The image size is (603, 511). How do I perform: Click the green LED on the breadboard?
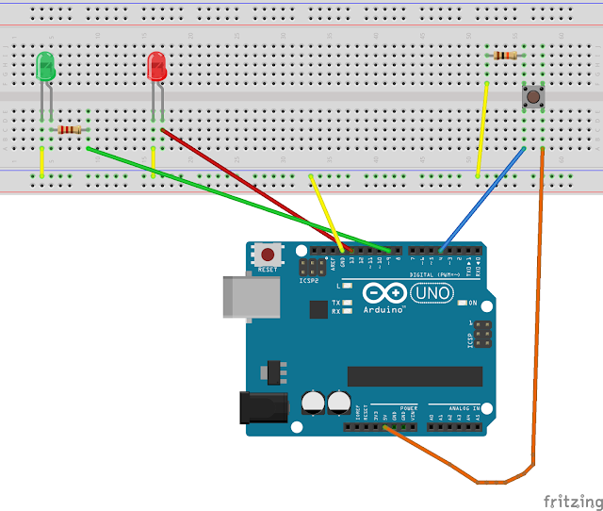click(x=44, y=67)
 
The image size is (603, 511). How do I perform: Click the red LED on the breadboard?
click(x=157, y=67)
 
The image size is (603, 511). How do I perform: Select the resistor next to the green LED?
click(x=70, y=129)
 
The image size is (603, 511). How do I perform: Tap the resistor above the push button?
click(x=505, y=56)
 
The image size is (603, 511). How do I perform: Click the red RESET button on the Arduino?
click(x=269, y=255)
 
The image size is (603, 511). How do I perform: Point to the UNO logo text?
click(x=432, y=295)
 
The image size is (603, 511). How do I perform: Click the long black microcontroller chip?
click(x=415, y=376)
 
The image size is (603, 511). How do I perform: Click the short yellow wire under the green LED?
click(x=41, y=162)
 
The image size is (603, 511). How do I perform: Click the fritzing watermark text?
click(x=572, y=500)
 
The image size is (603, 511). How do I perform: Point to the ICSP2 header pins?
click(x=308, y=267)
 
